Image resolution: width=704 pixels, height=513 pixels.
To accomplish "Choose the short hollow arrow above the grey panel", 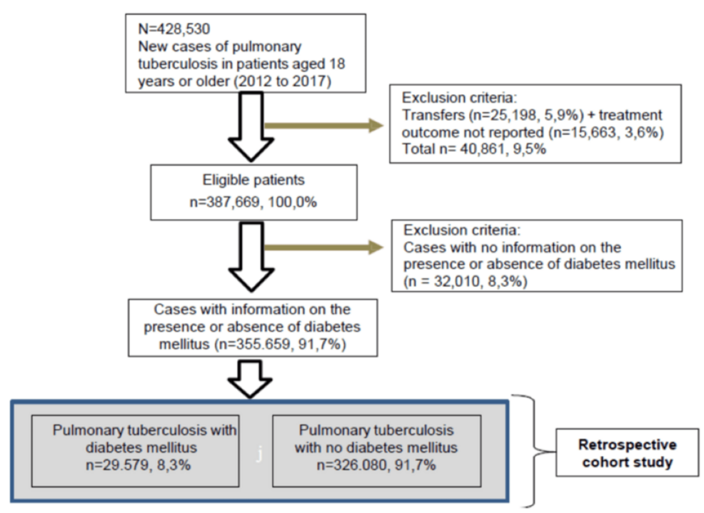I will (245, 381).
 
